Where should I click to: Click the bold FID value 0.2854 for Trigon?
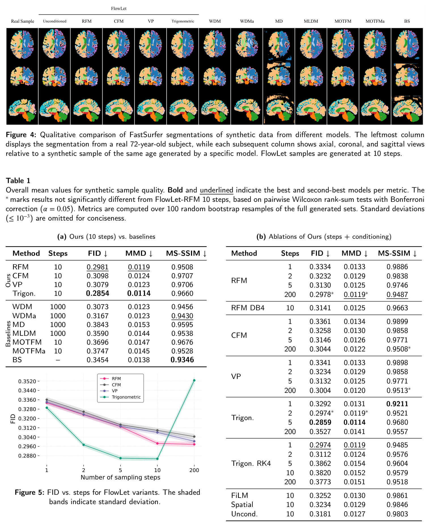tap(97, 293)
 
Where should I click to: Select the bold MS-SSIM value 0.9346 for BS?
tap(182, 360)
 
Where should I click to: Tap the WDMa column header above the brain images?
tap(247, 21)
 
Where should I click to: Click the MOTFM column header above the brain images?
tap(343, 21)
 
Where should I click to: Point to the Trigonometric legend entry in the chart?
tap(126, 397)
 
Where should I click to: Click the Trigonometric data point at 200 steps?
tap(194, 380)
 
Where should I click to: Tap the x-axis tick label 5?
tap(120, 470)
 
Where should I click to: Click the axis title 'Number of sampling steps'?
tap(120, 477)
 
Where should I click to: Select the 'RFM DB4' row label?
tap(248, 308)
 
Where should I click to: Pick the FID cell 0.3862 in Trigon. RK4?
tap(320, 463)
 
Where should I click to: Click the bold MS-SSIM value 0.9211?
tap(397, 404)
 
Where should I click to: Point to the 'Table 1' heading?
tap(18, 181)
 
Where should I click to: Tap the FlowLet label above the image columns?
tap(119, 9)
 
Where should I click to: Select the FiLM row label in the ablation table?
tap(239, 495)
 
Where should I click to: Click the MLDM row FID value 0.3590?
tap(97, 333)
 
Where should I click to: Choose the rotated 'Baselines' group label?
tap(8, 334)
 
